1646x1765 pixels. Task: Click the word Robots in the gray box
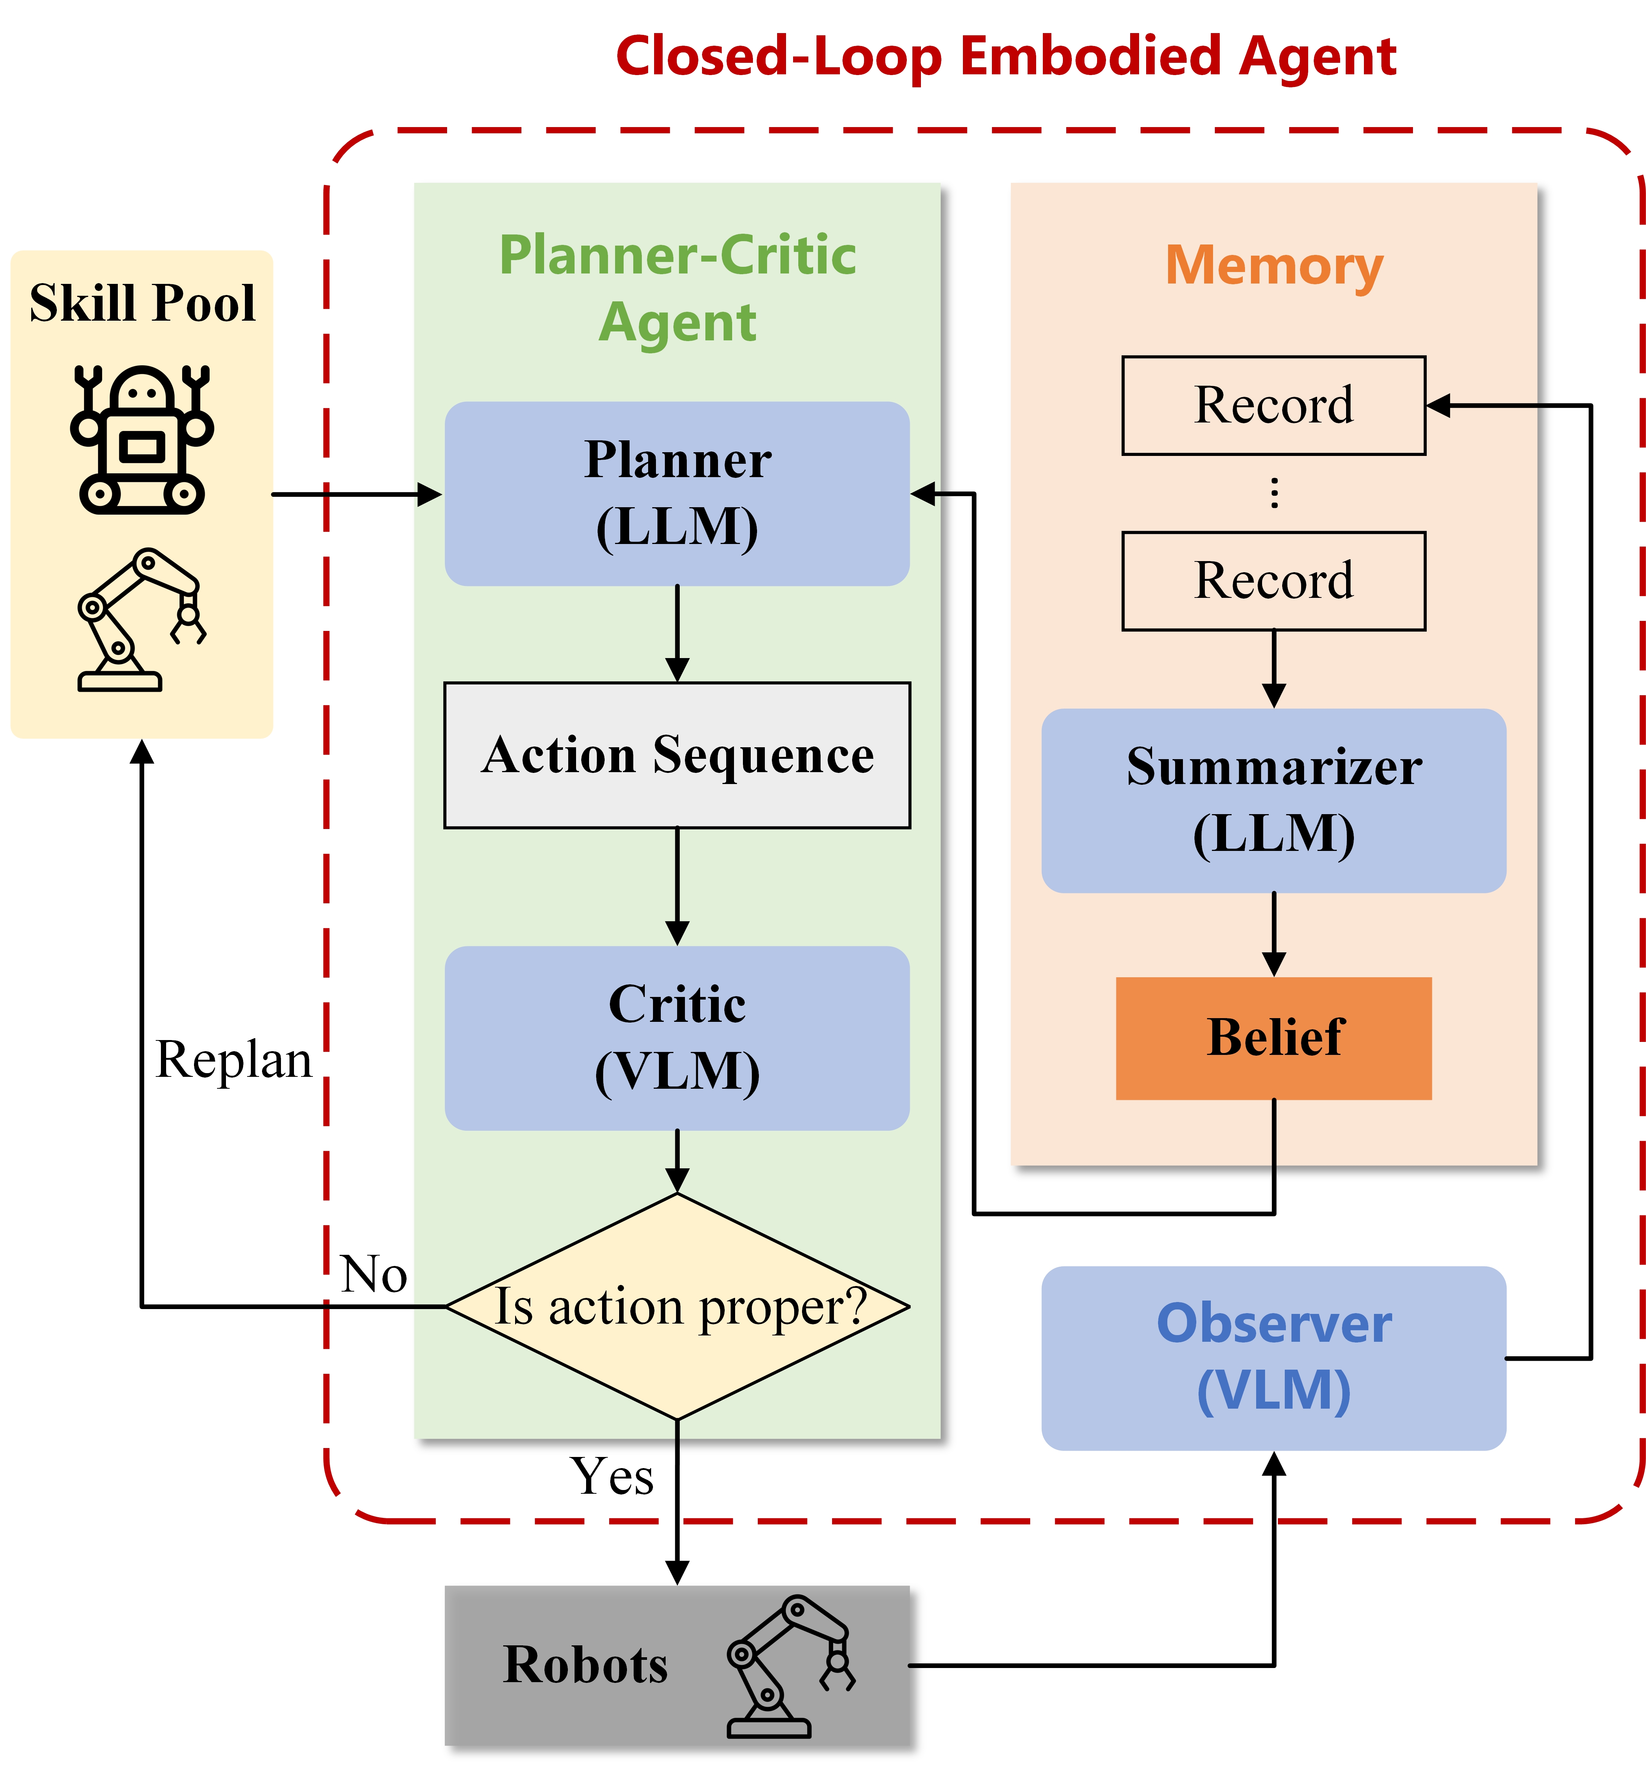[x=585, y=1665]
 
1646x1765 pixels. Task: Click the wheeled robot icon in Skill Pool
[x=142, y=438]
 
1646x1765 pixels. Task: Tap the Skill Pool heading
[x=142, y=303]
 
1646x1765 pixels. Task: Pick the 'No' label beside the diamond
[x=374, y=1274]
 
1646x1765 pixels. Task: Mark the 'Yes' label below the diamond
[x=612, y=1476]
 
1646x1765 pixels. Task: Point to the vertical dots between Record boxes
[x=1274, y=493]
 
